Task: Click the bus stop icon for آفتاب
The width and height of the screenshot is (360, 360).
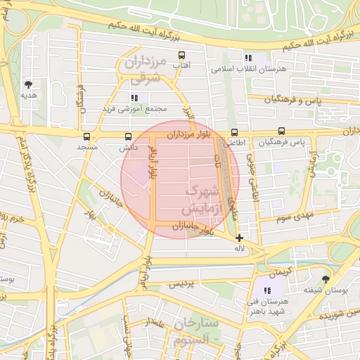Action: tap(182, 55)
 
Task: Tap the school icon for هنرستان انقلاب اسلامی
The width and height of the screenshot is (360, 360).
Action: tap(247, 58)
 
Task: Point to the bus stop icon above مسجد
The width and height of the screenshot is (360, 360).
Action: tap(87, 137)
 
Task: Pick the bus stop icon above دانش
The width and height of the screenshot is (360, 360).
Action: tap(128, 137)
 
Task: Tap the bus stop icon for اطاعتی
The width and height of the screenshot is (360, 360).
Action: tap(234, 131)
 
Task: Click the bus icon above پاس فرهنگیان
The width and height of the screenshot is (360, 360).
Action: tap(282, 131)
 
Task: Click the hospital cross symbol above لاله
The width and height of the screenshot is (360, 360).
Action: tap(240, 238)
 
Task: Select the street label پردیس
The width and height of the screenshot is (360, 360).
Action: tap(185, 285)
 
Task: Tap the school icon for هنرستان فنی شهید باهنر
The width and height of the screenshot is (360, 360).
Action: tap(266, 290)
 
